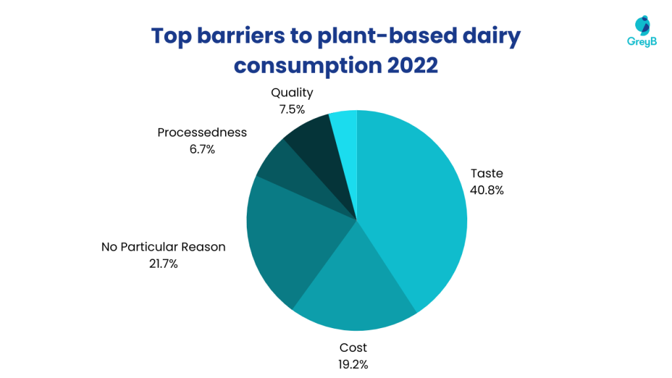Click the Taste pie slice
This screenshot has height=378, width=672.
413,210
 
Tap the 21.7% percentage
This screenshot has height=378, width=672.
163,264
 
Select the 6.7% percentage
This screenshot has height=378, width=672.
201,149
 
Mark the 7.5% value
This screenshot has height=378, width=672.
292,109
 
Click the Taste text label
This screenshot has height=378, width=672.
487,174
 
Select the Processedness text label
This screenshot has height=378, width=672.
202,132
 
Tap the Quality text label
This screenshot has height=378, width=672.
292,93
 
